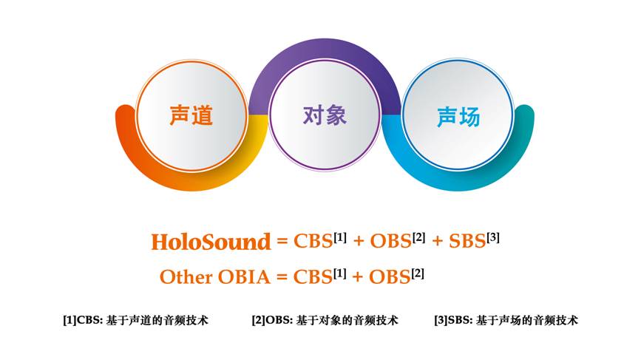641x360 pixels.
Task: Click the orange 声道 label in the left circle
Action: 191,115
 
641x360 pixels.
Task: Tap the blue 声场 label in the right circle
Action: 458,117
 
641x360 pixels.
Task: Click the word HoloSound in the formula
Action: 211,242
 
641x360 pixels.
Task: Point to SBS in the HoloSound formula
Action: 467,241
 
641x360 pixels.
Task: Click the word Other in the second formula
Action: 186,277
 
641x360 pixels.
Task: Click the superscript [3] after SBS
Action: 493,237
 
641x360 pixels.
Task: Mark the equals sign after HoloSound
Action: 282,242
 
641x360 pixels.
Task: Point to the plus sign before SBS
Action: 437,242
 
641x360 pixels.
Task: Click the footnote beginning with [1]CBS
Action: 135,320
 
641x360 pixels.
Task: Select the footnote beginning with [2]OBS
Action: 325,320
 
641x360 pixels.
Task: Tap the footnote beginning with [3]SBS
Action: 506,320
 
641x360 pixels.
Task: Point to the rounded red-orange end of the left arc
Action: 125,117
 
